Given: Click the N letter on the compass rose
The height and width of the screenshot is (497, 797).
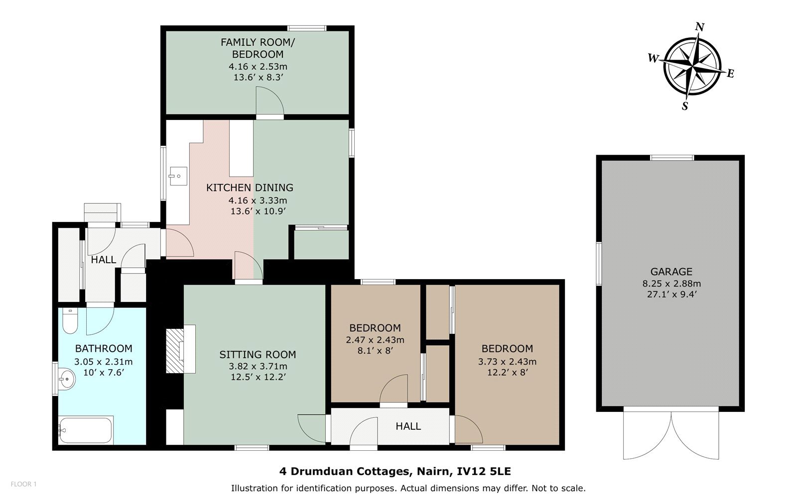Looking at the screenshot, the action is point(699,27).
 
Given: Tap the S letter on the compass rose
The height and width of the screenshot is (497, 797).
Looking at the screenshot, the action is point(684,106).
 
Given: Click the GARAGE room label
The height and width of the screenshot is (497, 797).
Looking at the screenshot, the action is point(671,272).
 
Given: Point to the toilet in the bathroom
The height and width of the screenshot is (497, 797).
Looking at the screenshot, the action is point(70,320).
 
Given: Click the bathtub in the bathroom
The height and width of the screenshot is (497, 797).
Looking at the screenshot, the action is point(86,430).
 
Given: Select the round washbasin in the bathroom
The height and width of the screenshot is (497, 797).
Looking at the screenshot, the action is point(66,380).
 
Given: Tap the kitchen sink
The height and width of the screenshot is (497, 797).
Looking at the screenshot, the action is point(178,176).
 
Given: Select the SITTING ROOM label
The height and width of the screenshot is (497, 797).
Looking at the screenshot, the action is point(258,355).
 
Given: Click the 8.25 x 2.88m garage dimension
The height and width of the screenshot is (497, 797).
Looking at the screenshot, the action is point(671,284).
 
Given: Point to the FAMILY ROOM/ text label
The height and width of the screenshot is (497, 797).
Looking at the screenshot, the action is point(258,42).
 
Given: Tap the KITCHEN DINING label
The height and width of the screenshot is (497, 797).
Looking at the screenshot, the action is point(250,188).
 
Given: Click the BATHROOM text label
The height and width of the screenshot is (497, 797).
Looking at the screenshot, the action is point(104,349).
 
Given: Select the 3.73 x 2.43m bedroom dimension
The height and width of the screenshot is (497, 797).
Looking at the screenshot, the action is point(507,362).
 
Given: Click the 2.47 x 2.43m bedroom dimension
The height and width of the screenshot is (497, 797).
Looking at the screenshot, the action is point(375,340).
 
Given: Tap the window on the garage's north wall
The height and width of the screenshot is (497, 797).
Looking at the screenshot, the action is point(672,158).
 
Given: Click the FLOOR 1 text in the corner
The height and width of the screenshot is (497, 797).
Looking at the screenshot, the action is point(23,484).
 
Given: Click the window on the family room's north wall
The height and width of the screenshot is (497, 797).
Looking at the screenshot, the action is point(307,28).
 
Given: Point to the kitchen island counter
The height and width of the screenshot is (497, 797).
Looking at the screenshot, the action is point(241,148).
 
